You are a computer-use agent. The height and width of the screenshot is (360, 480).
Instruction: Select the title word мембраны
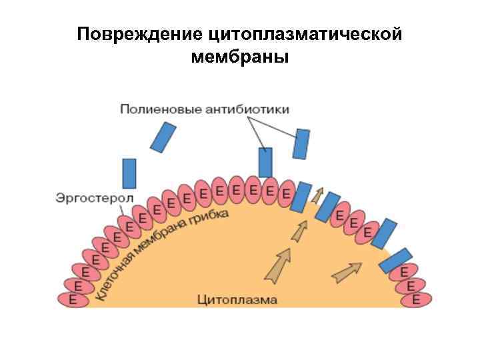(x=240, y=57)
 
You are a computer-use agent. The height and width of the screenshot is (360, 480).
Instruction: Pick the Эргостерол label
(x=94, y=198)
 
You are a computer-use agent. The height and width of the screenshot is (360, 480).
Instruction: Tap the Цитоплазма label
(x=237, y=300)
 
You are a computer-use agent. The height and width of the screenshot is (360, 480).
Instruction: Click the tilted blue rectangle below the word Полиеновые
(x=163, y=137)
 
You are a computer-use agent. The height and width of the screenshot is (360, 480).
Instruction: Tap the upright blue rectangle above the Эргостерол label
(x=129, y=173)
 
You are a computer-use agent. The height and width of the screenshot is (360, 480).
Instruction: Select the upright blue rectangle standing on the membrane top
(x=265, y=162)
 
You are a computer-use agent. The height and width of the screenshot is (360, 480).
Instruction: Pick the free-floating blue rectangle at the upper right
(x=302, y=144)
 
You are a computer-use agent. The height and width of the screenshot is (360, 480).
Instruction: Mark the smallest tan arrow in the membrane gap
(x=319, y=195)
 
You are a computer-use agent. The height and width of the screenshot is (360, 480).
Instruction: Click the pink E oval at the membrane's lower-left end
(x=73, y=300)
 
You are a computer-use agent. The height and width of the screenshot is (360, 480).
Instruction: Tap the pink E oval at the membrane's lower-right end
(x=417, y=300)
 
